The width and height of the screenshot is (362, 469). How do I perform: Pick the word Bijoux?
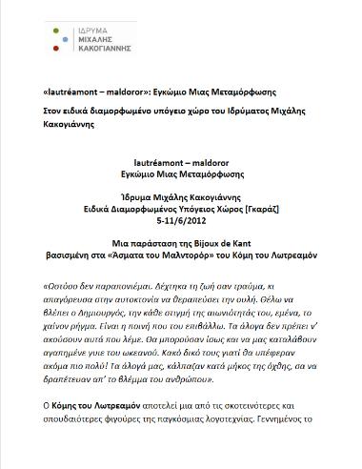(204, 217)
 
